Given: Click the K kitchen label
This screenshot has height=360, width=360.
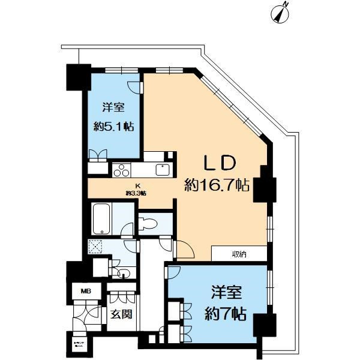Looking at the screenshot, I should [x=137, y=186].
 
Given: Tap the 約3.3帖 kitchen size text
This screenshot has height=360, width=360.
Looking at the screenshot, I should [x=137, y=193].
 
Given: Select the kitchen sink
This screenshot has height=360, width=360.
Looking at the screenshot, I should [x=163, y=170].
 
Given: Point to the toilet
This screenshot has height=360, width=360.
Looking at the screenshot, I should [x=149, y=223].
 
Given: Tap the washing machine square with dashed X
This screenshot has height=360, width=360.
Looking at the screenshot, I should [x=96, y=247].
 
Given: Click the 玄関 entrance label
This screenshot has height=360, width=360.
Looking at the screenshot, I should [x=121, y=314].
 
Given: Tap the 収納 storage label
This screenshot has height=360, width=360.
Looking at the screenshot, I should [x=239, y=254].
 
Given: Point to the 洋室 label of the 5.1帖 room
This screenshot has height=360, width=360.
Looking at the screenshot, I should [x=113, y=108].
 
